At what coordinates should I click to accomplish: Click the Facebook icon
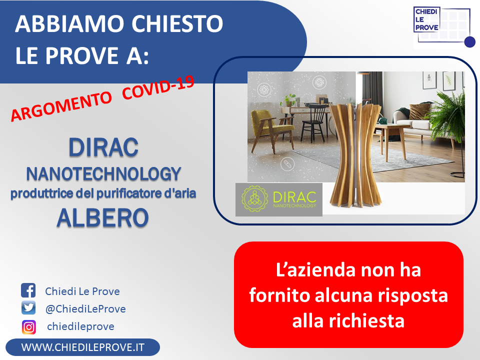click(28, 290)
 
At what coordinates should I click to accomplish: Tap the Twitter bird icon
click(28, 307)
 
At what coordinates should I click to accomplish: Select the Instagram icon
click(29, 327)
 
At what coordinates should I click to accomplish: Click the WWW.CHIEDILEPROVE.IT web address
click(82, 347)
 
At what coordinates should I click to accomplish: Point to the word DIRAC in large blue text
click(103, 147)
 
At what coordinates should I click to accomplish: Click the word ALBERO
click(103, 217)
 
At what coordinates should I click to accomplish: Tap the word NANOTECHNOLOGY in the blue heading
click(103, 174)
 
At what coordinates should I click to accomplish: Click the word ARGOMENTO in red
click(61, 106)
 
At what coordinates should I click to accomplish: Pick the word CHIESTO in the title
click(177, 23)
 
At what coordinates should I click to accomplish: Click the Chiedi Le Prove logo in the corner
click(444, 26)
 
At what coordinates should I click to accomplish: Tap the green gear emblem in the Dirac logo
click(254, 199)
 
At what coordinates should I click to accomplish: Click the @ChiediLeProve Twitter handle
click(85, 309)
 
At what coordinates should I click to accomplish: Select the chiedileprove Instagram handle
click(80, 326)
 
